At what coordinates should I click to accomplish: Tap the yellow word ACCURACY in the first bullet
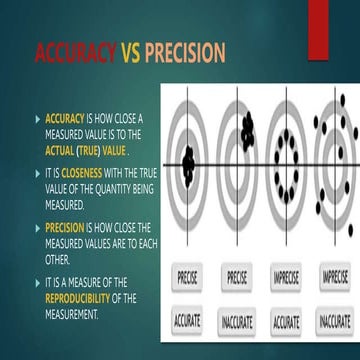tap(65, 116)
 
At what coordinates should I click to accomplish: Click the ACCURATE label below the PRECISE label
tap(187, 322)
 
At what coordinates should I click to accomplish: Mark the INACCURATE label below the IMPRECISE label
tap(334, 322)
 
